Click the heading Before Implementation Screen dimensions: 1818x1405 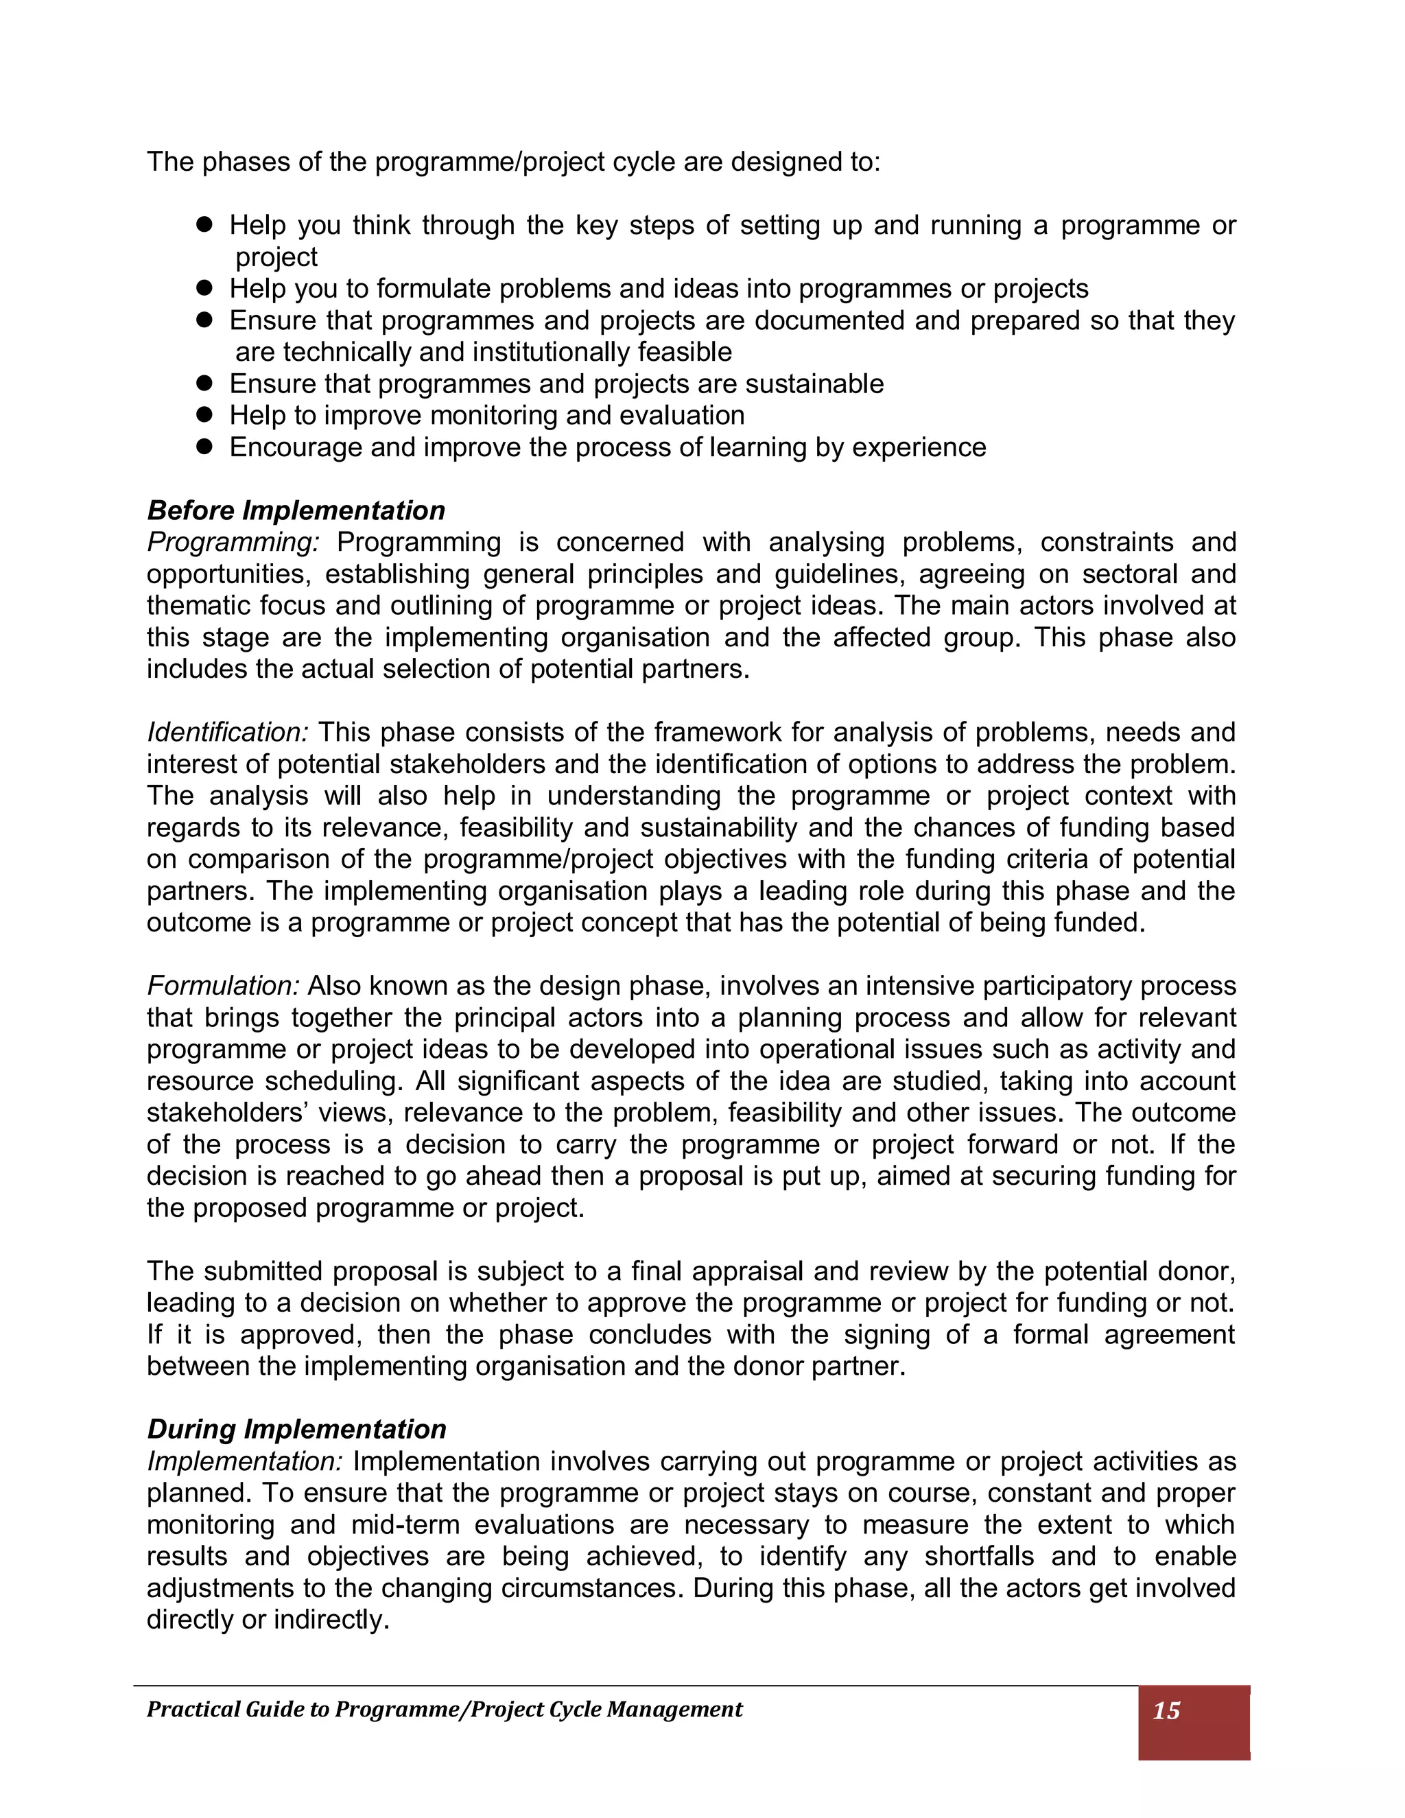click(296, 510)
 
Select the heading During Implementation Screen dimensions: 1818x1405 click(296, 1429)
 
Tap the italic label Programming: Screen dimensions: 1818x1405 click(233, 543)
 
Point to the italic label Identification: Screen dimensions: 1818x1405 click(227, 733)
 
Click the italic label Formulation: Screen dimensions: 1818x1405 click(223, 987)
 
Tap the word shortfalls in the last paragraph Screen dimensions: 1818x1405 click(979, 1557)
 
